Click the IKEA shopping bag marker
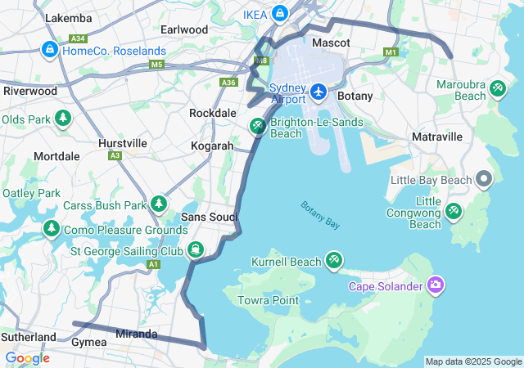pyautogui.click(x=280, y=13)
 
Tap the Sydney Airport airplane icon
pyautogui.click(x=318, y=92)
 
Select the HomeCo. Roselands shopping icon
pyautogui.click(x=50, y=51)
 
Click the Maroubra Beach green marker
pyautogui.click(x=496, y=91)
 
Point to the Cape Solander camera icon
pyautogui.click(x=436, y=285)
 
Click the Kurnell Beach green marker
pyautogui.click(x=333, y=262)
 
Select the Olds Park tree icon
pyautogui.click(x=63, y=119)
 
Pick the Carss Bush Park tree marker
pyautogui.click(x=158, y=204)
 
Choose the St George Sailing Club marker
pyautogui.click(x=195, y=250)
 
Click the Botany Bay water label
pyautogui.click(x=320, y=215)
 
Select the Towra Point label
pyautogui.click(x=268, y=300)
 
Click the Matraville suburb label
pyautogui.click(x=438, y=136)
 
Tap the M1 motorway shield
pyautogui.click(x=390, y=53)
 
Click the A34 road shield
pyautogui.click(x=79, y=38)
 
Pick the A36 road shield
pyautogui.click(x=229, y=83)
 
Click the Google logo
pyautogui.click(x=27, y=358)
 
